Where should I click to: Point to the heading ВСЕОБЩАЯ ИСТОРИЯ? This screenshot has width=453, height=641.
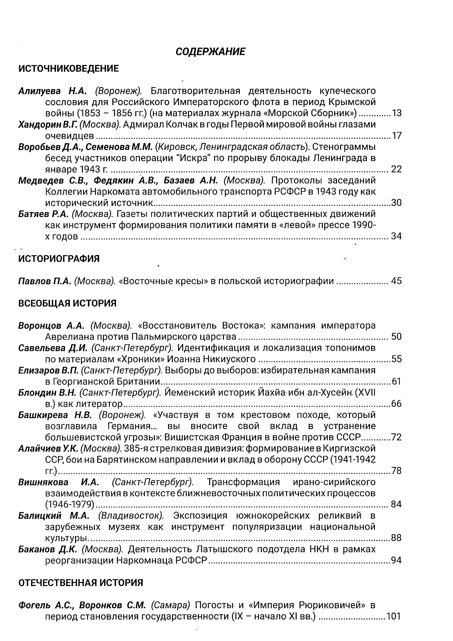click(67, 303)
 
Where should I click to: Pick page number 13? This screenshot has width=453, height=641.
click(397, 113)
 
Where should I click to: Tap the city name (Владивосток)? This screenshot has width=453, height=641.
click(131, 516)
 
